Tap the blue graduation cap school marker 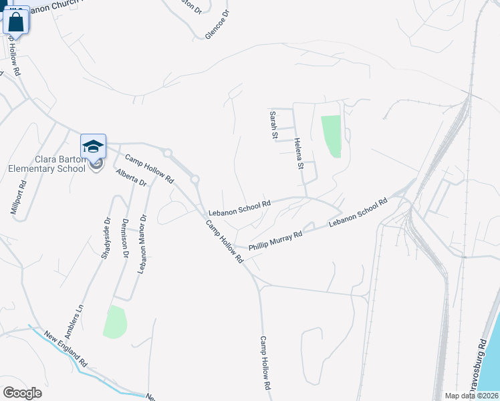[x=93, y=145]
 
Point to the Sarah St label [x=273, y=126]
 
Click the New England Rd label [x=66, y=348]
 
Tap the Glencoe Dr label [x=217, y=24]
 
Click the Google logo [x=22, y=393]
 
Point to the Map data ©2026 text [x=471, y=396]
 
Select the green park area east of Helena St [x=331, y=136]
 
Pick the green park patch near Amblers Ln [x=115, y=321]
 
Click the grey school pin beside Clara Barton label [x=97, y=163]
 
